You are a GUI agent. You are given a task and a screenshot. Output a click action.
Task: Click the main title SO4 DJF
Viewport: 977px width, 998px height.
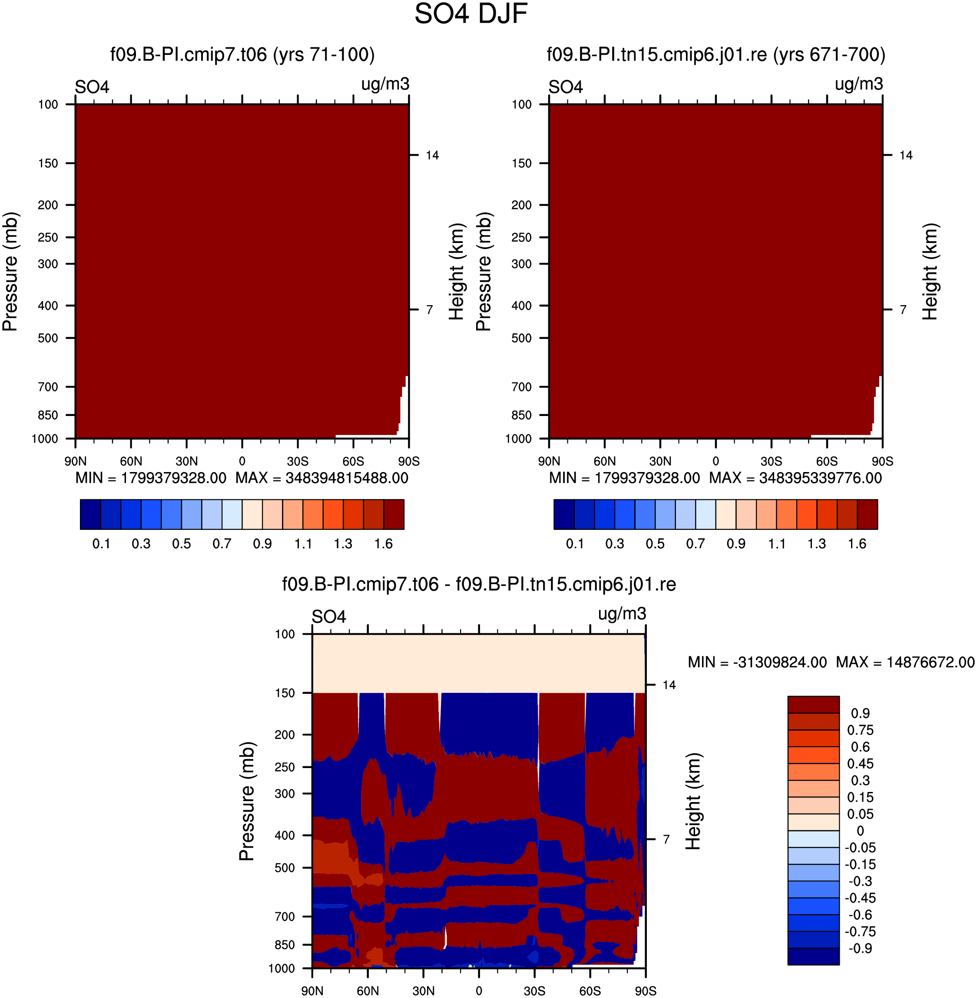[471, 14]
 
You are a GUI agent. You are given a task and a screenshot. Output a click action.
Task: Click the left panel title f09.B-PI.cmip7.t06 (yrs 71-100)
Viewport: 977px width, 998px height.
[242, 54]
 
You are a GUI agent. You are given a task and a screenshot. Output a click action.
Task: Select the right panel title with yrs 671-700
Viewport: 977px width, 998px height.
[716, 54]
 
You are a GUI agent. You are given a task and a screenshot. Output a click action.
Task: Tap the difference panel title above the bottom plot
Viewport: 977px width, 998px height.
[479, 584]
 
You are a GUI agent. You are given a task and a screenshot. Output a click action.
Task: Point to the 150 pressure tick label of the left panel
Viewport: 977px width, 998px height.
[48, 163]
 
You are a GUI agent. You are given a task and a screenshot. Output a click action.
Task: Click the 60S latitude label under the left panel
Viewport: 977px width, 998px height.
[353, 462]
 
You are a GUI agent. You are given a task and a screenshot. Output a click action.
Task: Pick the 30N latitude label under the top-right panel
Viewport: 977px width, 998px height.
[660, 462]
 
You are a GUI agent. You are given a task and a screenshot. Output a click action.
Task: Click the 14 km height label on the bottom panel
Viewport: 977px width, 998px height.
[669, 685]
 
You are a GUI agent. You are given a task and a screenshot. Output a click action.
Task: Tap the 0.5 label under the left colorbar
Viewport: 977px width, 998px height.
[181, 544]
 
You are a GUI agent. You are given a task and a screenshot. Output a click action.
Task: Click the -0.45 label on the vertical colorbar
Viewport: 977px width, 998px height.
[860, 898]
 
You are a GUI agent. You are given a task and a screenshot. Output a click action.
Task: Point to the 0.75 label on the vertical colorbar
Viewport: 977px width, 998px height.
[860, 730]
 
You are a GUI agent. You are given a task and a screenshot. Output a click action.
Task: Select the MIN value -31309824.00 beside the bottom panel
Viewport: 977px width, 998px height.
[780, 662]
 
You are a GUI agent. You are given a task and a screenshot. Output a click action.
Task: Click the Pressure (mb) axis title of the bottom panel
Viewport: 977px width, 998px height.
[247, 801]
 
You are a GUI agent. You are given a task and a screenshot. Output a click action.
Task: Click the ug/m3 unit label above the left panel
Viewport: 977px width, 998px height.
[385, 84]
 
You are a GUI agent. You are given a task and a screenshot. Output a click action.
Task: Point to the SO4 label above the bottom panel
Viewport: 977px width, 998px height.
[329, 616]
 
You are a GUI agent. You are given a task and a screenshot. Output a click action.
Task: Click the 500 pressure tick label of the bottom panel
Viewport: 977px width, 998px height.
[285, 868]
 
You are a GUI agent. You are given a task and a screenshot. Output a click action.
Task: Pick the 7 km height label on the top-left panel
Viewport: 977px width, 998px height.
[430, 309]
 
